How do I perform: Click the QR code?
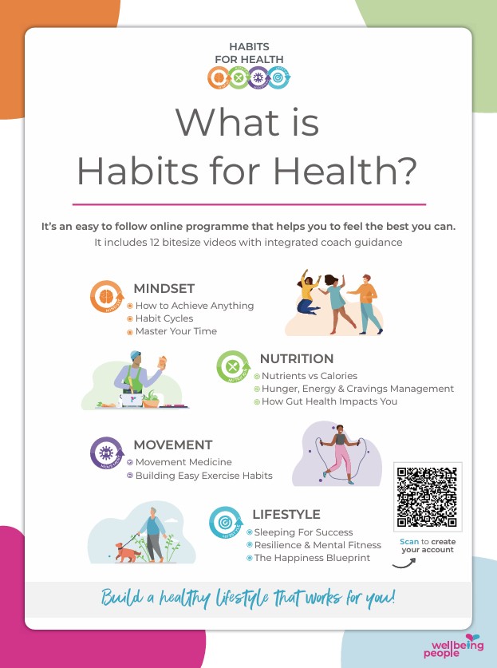click(427, 496)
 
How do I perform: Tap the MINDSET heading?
click(164, 288)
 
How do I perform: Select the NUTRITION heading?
click(297, 358)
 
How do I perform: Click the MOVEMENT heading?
click(173, 445)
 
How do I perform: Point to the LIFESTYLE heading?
click(286, 514)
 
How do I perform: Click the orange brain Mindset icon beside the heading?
click(106, 297)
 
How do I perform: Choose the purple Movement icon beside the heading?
click(106, 453)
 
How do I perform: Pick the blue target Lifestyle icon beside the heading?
click(226, 522)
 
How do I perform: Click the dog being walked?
click(128, 552)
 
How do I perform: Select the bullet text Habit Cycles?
click(164, 318)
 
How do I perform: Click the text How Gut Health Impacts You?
click(329, 401)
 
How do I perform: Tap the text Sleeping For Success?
click(303, 532)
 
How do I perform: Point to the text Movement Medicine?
click(183, 462)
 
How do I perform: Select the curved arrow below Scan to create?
click(404, 564)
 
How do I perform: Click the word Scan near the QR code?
click(409, 541)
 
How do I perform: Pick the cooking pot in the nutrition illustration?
click(132, 399)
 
